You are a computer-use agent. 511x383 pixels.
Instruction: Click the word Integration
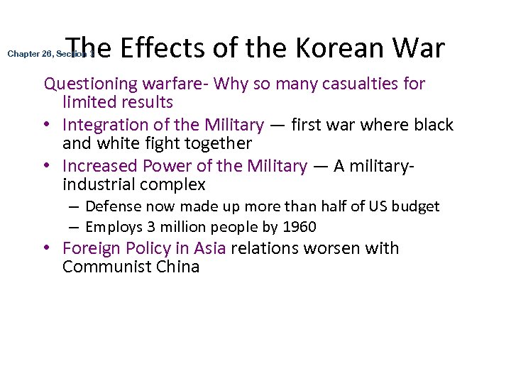coord(101,126)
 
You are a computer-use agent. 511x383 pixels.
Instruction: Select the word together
coord(217,144)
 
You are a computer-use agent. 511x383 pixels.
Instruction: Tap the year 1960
coord(299,227)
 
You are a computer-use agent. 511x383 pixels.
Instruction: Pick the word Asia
coord(209,249)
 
